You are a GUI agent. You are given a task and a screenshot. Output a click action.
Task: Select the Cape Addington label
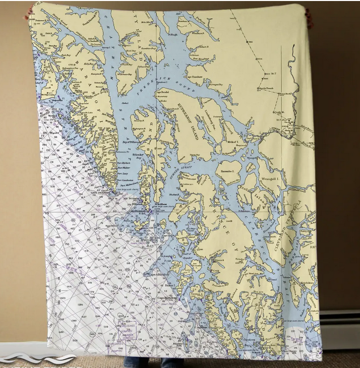tap(159, 275)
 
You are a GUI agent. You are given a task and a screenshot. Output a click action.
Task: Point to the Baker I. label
tap(169, 286)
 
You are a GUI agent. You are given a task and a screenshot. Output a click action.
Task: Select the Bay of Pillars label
tap(133, 142)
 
